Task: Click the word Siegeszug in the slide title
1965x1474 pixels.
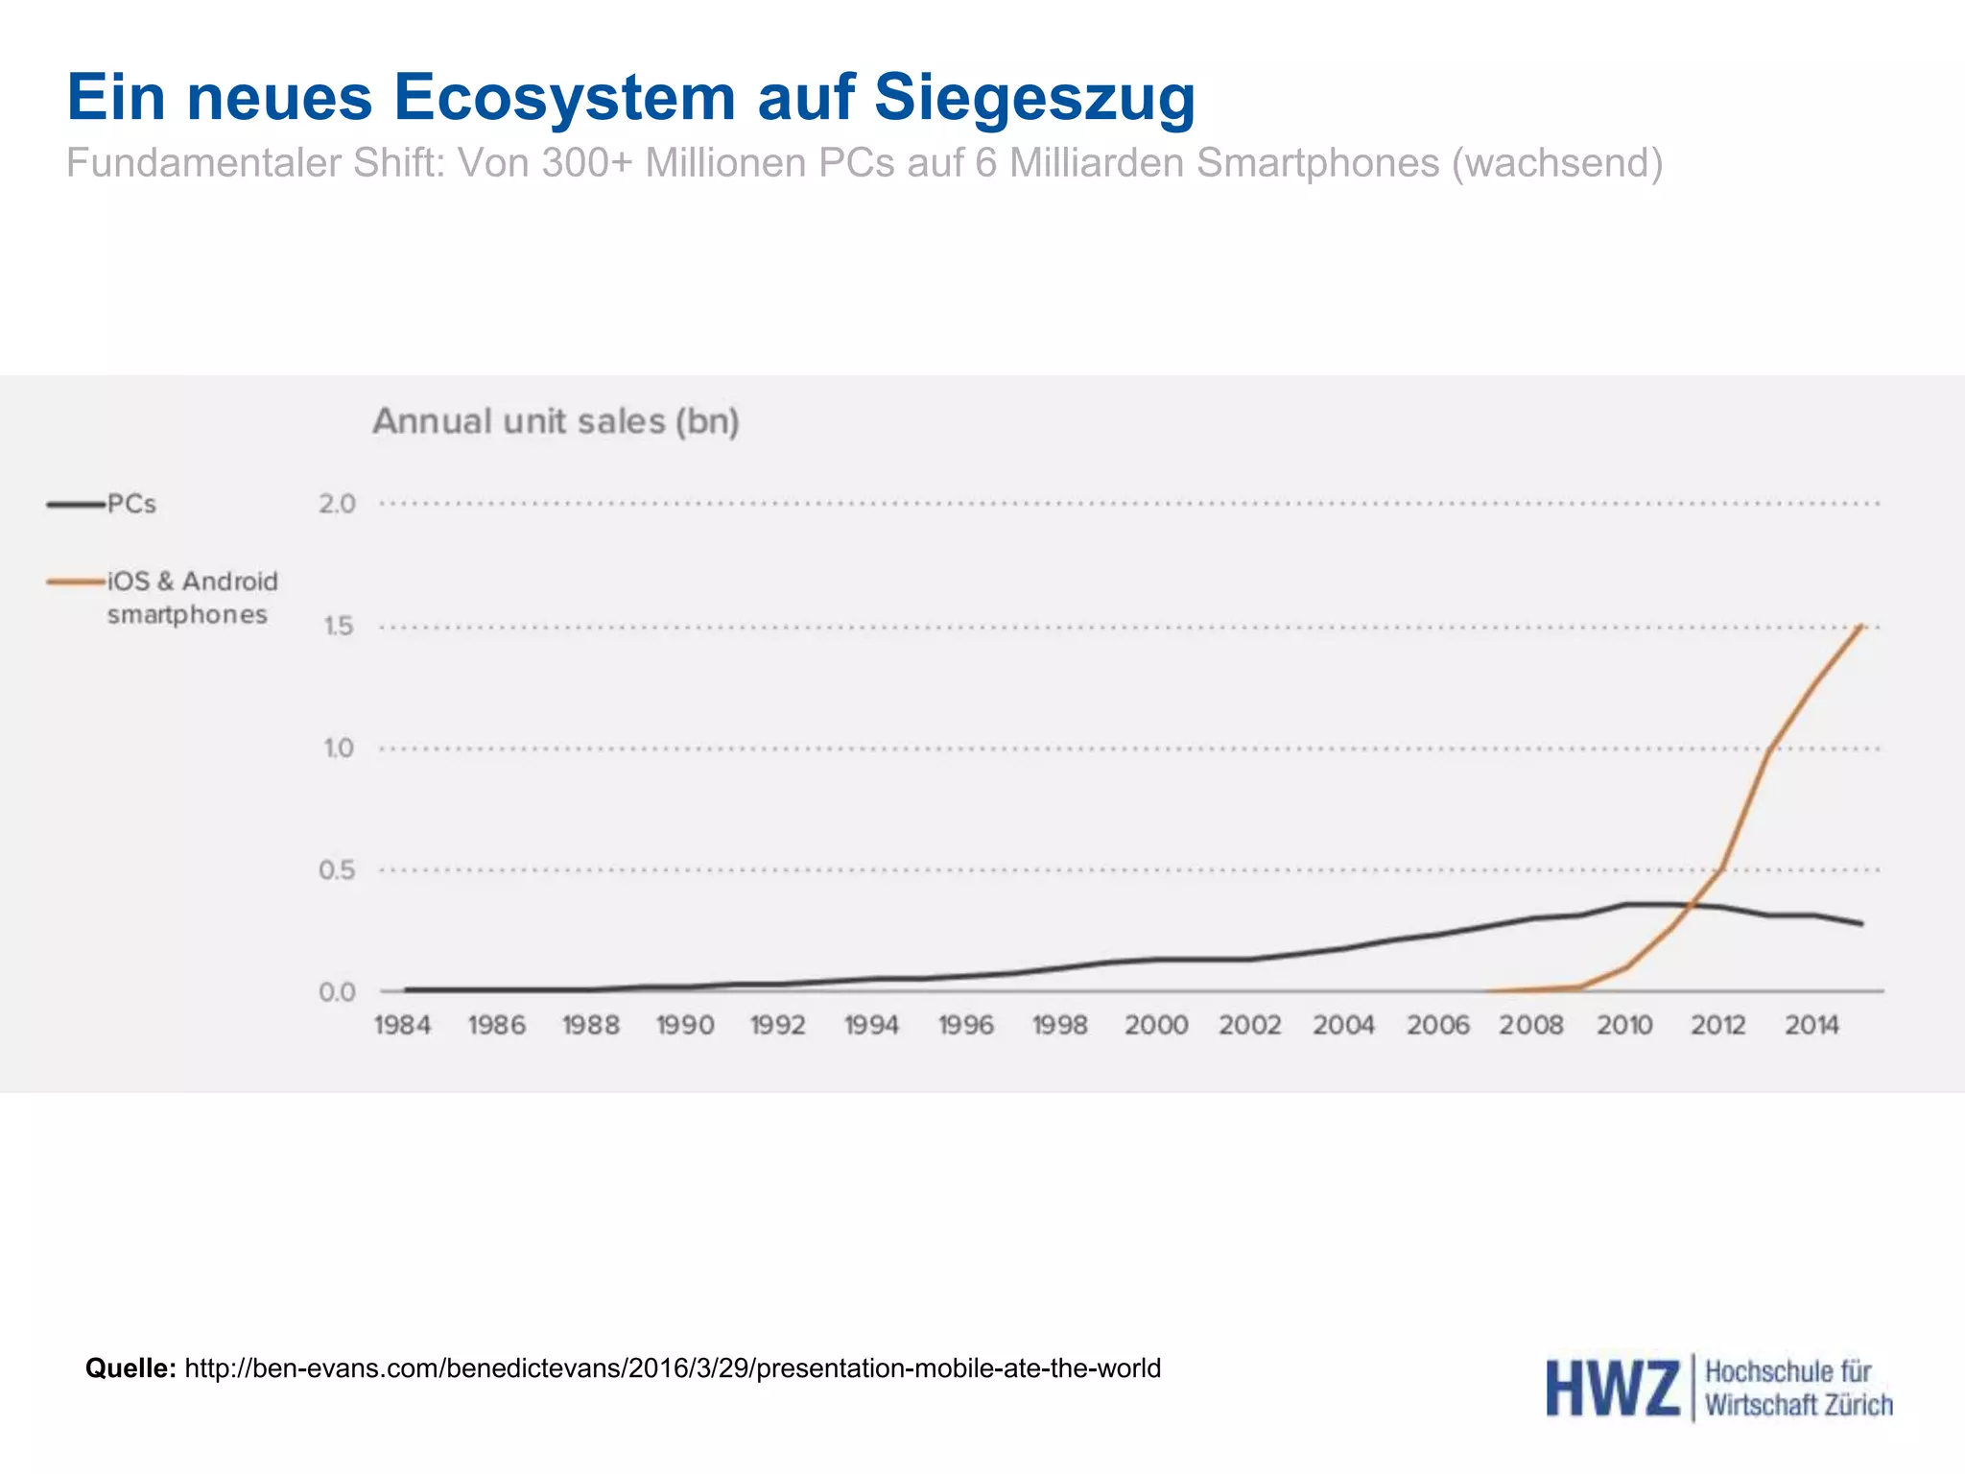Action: coord(1034,98)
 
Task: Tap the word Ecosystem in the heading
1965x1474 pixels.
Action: coord(564,98)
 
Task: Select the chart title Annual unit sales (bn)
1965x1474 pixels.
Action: coord(556,421)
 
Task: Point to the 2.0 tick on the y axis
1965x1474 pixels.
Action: coord(337,504)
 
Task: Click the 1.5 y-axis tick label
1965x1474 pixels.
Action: coord(338,627)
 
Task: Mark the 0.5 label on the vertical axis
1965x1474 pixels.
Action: coord(337,870)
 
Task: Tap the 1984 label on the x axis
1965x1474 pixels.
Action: coord(402,1026)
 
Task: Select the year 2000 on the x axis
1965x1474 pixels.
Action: coord(1156,1026)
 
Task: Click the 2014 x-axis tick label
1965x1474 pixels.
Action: coord(1811,1026)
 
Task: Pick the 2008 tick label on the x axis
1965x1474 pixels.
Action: coord(1531,1026)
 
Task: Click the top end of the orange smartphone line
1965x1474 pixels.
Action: coord(1861,626)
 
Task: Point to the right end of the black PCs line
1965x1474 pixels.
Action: coord(1861,924)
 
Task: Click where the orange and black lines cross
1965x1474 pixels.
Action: coord(1693,905)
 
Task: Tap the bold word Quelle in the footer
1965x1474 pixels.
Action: coord(130,1367)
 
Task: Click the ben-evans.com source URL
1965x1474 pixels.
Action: coord(672,1367)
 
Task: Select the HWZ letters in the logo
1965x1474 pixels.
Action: coord(1612,1389)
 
